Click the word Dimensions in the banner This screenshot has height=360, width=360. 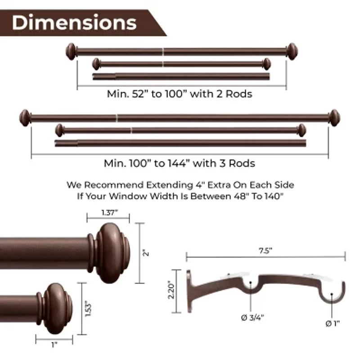74,23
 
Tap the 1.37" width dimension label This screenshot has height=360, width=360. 109,212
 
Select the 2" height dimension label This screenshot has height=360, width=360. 146,253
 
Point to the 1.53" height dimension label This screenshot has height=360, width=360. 88,309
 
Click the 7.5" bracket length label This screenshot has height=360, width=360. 265,251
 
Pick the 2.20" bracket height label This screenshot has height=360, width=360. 171,290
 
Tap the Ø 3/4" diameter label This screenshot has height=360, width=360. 252,318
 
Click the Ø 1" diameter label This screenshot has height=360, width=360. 333,324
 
